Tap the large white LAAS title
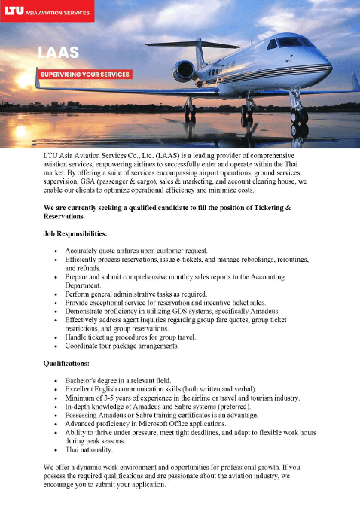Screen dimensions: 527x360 [x=59, y=52]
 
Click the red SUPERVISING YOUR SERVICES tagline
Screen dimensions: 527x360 [x=85, y=75]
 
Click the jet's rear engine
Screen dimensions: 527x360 [x=185, y=70]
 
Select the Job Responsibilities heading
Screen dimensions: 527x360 [x=81, y=233]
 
